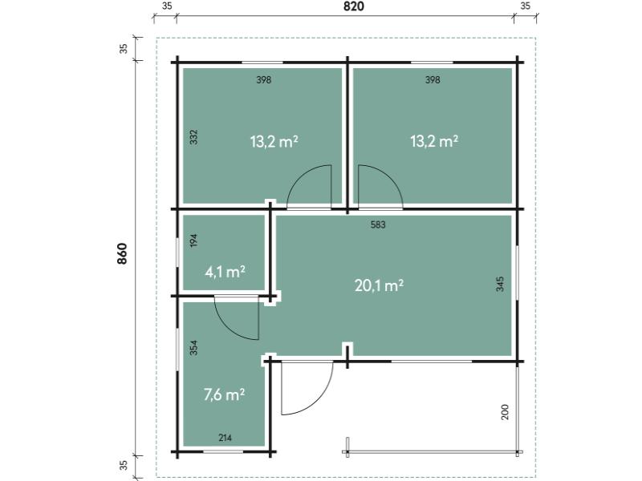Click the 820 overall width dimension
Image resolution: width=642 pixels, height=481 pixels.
(x=354, y=6)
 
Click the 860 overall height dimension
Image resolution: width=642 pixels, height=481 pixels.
(x=123, y=253)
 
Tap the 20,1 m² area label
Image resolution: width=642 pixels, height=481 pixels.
(x=379, y=285)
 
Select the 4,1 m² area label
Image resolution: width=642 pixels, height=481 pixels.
(x=225, y=272)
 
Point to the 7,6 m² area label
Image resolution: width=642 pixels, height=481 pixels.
(x=225, y=394)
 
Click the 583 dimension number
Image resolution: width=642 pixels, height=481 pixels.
(x=378, y=224)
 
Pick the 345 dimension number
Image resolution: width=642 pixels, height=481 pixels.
(x=500, y=284)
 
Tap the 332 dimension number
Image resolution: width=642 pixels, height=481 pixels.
(x=193, y=137)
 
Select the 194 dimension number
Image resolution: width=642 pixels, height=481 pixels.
(x=193, y=240)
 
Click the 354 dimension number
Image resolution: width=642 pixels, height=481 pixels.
(x=193, y=348)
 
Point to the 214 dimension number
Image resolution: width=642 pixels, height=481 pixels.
(x=225, y=438)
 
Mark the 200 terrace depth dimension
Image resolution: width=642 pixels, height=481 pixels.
(x=505, y=412)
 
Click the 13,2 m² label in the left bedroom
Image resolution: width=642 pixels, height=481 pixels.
(x=274, y=142)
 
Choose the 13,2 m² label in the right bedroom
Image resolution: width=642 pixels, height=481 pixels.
(x=434, y=142)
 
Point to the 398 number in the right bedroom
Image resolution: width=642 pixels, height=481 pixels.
(x=433, y=79)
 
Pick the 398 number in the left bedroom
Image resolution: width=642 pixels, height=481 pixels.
(x=264, y=79)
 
